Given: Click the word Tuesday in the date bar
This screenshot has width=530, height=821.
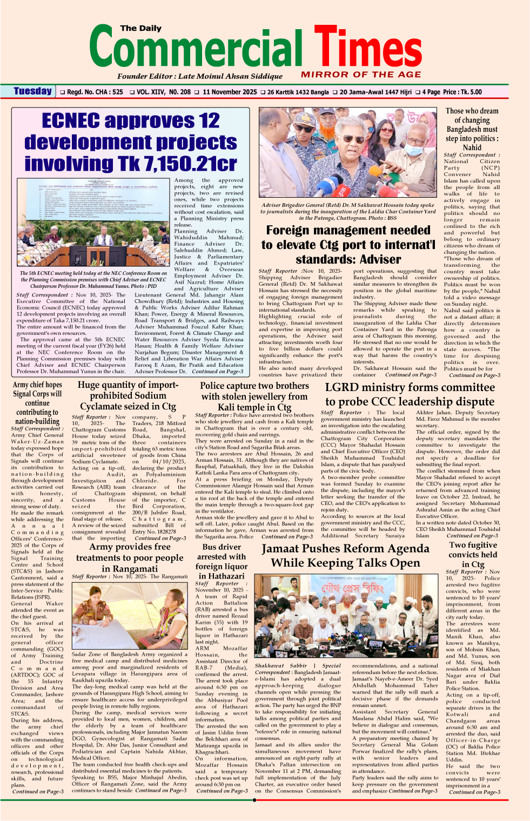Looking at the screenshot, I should coord(32,91).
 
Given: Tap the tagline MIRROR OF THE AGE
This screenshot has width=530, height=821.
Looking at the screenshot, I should coord(361,75).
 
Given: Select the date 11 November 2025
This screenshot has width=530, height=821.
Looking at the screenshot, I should coord(230,92).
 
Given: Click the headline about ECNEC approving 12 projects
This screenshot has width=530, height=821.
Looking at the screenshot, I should coord(131,142).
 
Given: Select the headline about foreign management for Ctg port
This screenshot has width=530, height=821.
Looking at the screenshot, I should coord(348,244).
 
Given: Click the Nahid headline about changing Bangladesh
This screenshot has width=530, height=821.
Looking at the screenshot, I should coord(472,129).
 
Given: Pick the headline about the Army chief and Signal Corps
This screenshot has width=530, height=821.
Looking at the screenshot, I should coord(37,403).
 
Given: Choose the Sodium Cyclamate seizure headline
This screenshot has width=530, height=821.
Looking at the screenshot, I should coord(128,395).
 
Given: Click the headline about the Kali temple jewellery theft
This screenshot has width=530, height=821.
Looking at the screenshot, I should coord(254,396).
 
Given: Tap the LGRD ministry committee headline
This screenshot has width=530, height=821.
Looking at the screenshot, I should coord(410,394).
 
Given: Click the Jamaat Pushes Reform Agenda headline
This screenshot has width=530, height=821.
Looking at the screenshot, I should coord(345,556).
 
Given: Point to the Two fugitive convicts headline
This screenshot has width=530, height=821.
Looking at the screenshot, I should coord(473,554).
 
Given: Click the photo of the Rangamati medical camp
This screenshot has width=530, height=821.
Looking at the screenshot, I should coord(129,616).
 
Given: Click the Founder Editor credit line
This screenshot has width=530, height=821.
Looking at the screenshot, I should coord(199,76).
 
